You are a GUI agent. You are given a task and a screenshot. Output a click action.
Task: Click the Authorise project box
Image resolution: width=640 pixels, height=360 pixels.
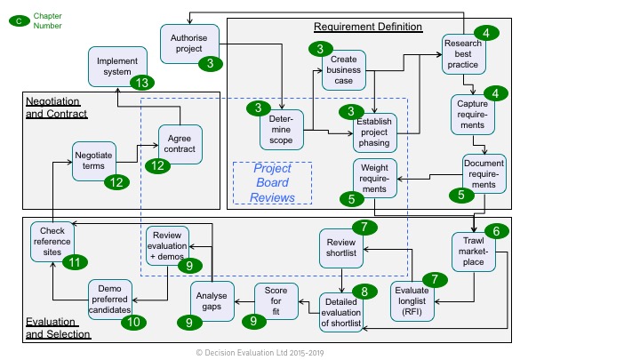click(x=188, y=43)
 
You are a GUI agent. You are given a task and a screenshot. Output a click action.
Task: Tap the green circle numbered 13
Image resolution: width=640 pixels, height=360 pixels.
click(x=141, y=83)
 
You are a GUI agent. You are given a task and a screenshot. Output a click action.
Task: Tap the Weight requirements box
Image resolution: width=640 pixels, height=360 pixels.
click(x=373, y=178)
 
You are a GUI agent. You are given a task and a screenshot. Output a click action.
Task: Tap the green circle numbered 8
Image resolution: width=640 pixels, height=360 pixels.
click(x=364, y=292)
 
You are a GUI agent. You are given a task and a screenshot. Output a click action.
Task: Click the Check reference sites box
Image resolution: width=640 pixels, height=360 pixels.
click(x=52, y=241)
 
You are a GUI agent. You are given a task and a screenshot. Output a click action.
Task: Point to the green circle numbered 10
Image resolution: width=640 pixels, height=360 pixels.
click(x=132, y=322)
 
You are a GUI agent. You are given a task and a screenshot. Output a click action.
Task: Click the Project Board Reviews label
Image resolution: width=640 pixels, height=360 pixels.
click(x=272, y=182)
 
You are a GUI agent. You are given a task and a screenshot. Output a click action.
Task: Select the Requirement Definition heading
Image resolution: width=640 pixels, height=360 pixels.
click(x=368, y=27)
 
